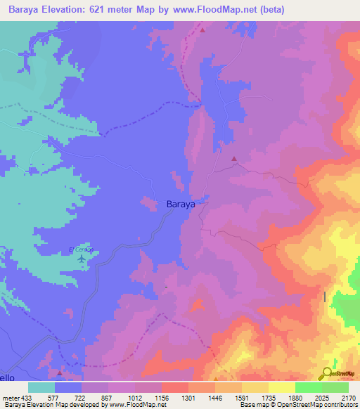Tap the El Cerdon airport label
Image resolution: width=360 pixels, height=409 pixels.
81,249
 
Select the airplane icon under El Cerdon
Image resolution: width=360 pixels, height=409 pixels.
82,259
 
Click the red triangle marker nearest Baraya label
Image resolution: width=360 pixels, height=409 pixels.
234,159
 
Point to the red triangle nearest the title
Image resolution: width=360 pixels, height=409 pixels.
202,30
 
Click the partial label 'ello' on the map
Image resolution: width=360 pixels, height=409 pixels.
7,377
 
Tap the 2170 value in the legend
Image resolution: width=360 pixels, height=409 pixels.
347,398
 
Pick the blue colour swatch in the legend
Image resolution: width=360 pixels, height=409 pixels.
68,387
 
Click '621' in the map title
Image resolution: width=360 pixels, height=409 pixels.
94,10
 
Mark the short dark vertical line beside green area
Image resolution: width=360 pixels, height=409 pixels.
325,297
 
